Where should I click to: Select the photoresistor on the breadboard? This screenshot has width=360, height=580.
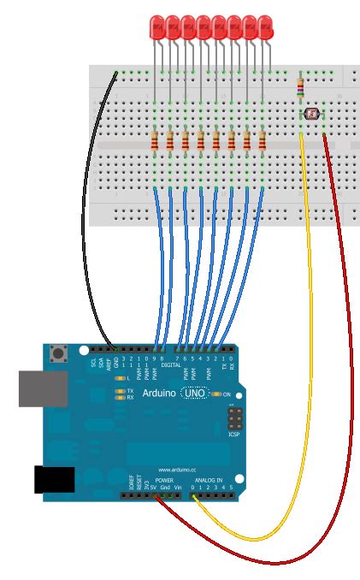click(x=310, y=113)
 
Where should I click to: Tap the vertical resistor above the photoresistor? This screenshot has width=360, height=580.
click(x=299, y=87)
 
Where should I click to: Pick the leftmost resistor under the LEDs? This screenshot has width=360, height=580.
click(x=155, y=140)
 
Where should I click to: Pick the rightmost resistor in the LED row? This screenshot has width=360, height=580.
click(x=263, y=140)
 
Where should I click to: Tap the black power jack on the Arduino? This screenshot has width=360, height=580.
click(x=50, y=480)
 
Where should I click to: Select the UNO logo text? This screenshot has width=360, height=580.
click(x=195, y=393)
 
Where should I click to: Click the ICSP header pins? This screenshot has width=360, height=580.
click(x=233, y=418)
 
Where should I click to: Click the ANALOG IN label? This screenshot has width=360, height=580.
click(x=208, y=481)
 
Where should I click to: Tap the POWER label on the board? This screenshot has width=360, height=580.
click(x=164, y=481)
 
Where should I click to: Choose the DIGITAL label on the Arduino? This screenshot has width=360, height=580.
click(x=169, y=365)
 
